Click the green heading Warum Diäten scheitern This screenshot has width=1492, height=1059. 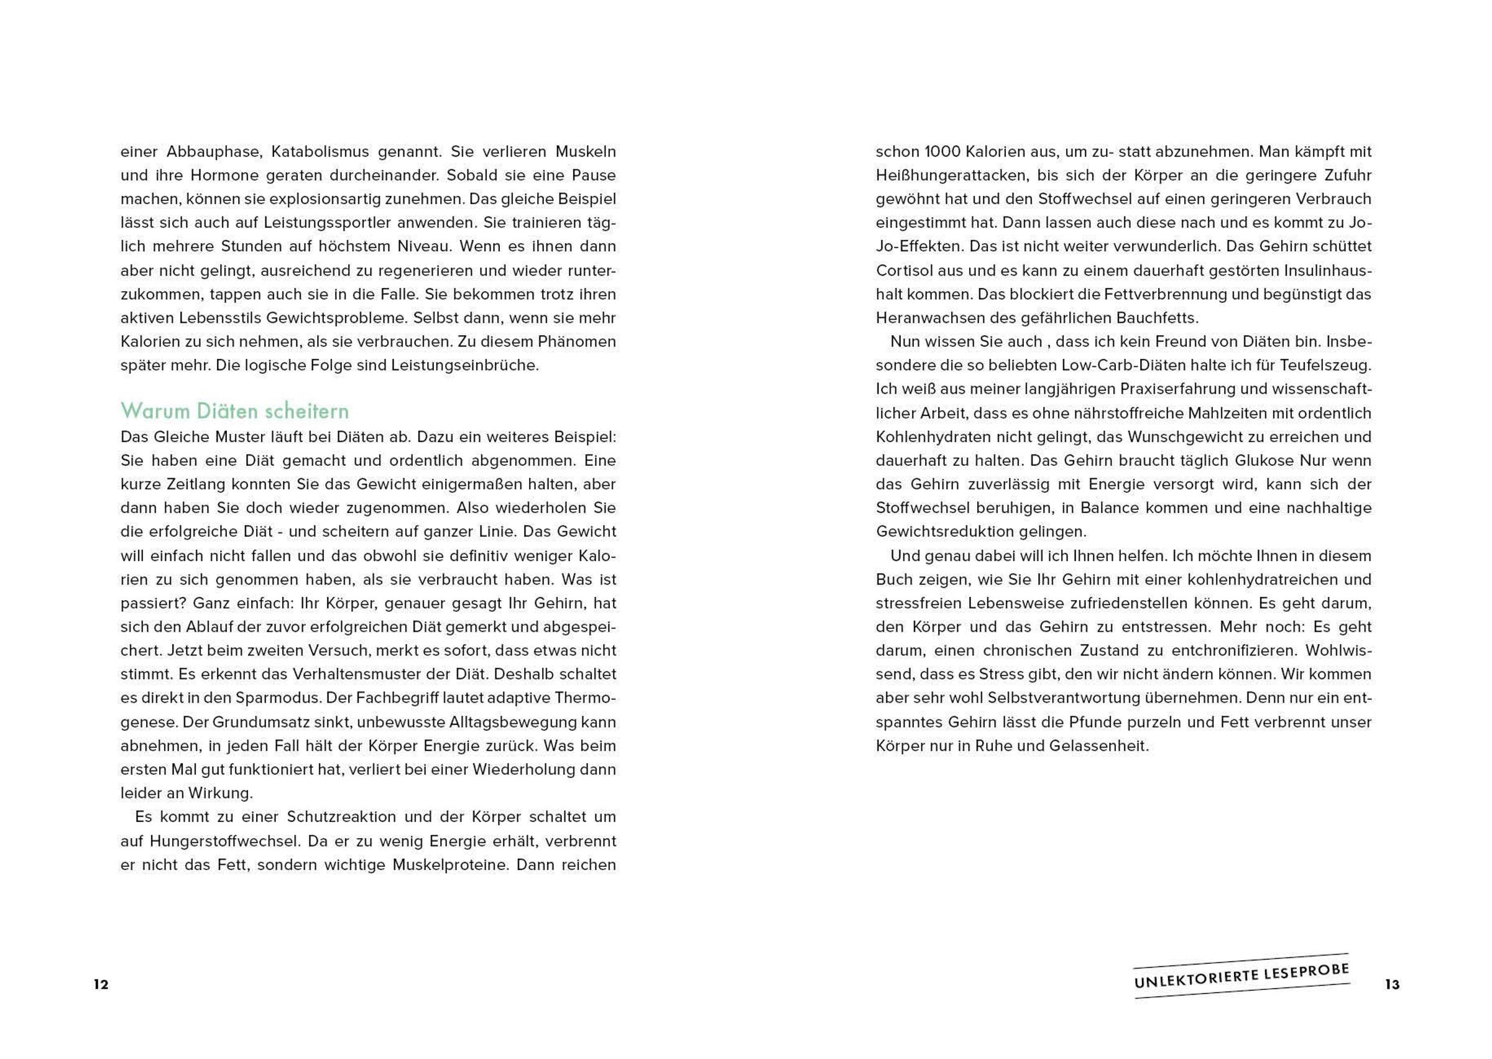pyautogui.click(x=234, y=411)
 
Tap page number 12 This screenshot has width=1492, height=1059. pyautogui.click(x=101, y=984)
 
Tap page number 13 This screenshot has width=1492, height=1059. pyautogui.click(x=1393, y=984)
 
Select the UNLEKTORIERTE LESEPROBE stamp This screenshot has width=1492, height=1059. pyautogui.click(x=1241, y=976)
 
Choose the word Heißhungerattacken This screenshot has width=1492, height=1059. pyautogui.click(x=943, y=175)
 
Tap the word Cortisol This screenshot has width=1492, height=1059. pyautogui.click(x=903, y=271)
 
